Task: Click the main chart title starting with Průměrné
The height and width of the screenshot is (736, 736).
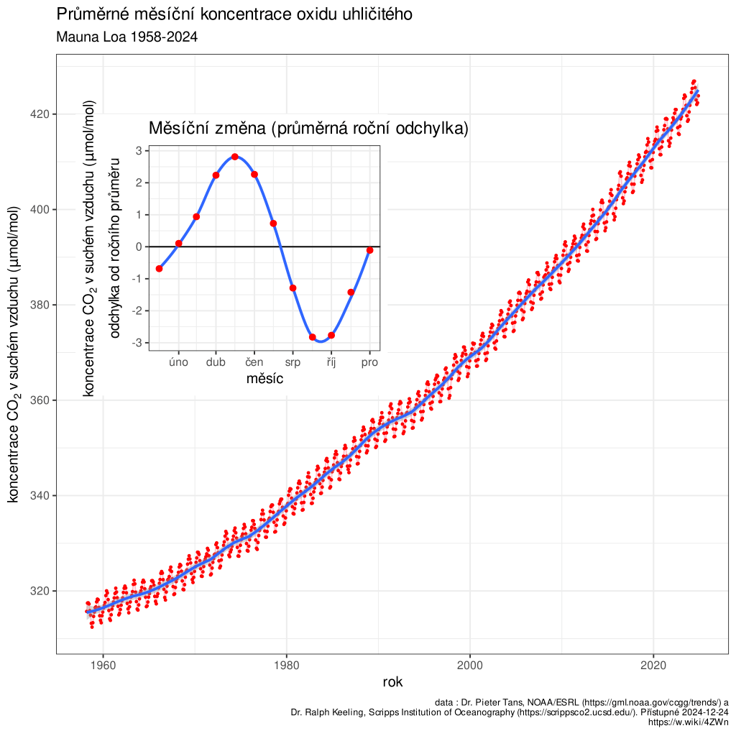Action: [234, 14]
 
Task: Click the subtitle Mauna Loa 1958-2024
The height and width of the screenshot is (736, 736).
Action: [126, 37]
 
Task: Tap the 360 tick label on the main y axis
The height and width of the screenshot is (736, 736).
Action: [40, 400]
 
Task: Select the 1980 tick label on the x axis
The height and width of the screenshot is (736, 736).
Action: [286, 665]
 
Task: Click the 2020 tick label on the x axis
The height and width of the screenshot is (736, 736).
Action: [653, 665]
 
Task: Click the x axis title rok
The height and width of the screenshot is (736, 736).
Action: [392, 682]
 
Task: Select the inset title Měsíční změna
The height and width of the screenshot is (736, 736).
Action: [308, 129]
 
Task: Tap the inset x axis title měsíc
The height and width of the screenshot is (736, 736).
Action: [264, 378]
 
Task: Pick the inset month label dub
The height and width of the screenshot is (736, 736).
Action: [216, 362]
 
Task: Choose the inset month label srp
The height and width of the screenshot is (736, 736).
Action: [293, 362]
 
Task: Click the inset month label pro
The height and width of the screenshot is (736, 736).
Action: [369, 362]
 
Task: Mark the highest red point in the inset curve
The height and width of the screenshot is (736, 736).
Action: [235, 157]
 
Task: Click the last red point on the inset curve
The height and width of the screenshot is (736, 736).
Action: [369, 250]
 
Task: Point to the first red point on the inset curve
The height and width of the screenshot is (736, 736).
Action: [159, 269]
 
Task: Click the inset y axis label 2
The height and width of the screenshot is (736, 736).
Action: [138, 183]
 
